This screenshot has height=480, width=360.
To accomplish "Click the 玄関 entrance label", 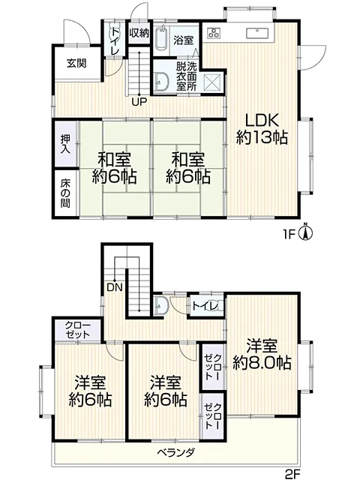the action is [x=76, y=63].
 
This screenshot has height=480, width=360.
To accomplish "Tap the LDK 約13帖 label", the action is [x=262, y=128].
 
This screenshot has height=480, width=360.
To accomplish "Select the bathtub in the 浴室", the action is [x=161, y=37].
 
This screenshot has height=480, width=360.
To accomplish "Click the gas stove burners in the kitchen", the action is [x=214, y=33].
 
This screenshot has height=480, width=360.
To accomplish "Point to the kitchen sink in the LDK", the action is [x=257, y=33].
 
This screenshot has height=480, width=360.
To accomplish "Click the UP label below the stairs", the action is [x=139, y=102].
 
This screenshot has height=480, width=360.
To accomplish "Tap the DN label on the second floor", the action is [x=115, y=287].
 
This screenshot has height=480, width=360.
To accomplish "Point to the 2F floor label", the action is [x=292, y=474].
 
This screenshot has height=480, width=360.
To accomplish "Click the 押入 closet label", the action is [x=65, y=143].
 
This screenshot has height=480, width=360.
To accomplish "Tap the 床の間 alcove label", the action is [x=65, y=193].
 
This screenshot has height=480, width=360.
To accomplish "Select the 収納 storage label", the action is [x=139, y=33].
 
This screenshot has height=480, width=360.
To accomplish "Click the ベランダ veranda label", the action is [x=176, y=452].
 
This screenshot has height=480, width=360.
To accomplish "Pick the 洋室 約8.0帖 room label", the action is [x=262, y=354].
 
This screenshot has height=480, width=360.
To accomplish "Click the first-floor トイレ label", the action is [x=115, y=42].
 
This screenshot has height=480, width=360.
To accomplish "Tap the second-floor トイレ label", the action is [x=205, y=305].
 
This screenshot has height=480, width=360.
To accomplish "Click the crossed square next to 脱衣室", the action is [x=213, y=82].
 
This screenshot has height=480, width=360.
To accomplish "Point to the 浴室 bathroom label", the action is [x=183, y=40].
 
